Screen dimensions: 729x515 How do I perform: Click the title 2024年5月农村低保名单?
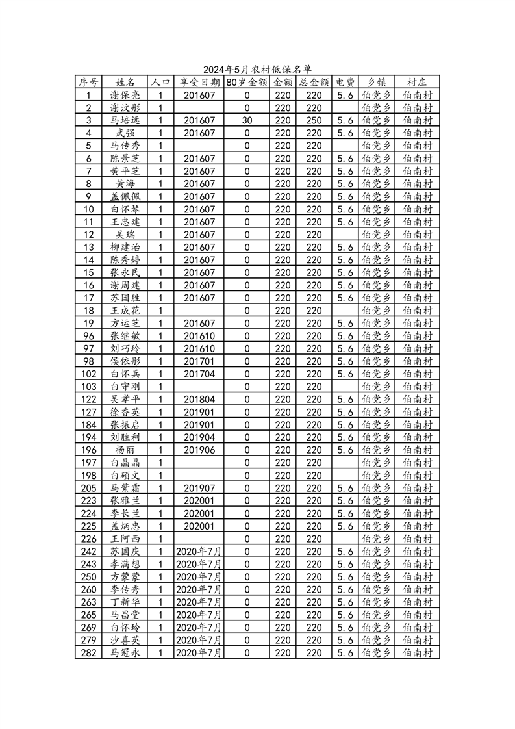pos(257,70)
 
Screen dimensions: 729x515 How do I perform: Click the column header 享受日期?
pos(199,83)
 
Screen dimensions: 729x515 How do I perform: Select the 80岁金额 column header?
pos(247,83)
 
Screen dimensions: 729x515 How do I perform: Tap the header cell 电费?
pos(345,83)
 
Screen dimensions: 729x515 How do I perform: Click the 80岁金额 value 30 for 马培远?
pos(247,120)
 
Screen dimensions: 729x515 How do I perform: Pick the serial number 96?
pos(89,336)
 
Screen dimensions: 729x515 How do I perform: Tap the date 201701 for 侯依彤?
pos(199,361)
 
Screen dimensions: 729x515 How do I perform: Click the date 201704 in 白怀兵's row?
pos(199,374)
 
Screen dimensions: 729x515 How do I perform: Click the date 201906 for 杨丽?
pos(199,450)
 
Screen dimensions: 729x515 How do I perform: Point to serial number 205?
pos(89,488)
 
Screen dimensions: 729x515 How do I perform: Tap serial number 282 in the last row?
pos(89,652)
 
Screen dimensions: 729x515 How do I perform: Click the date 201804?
pos(199,399)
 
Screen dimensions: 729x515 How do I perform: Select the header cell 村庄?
pos(417,83)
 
